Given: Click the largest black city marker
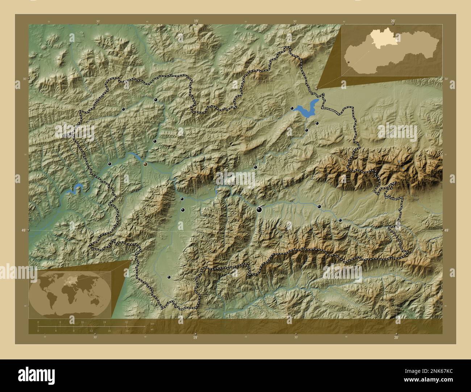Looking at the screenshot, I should point(259,209).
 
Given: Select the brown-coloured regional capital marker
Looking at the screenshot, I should point(146,164).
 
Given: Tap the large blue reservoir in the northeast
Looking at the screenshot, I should point(306,109).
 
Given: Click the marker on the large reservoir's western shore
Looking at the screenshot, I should point(292,108).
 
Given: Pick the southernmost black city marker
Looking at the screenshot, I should point(169,277).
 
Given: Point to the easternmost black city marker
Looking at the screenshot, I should point(340,220).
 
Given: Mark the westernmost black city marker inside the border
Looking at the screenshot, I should point(110,164).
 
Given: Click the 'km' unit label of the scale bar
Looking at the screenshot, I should point(152,323).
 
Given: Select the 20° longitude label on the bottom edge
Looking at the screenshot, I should point(396,337).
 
